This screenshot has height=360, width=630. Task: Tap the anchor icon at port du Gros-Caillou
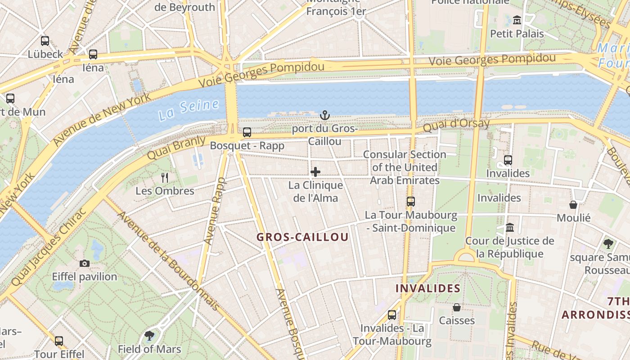[x=324, y=116]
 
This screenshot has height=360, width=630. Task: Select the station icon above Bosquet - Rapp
[x=247, y=132]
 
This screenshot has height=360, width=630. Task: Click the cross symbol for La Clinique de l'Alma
[x=315, y=172]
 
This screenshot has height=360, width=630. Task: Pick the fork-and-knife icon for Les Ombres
[x=165, y=178]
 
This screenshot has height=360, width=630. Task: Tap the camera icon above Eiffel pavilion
[x=84, y=264]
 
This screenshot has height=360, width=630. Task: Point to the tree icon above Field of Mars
[x=149, y=336]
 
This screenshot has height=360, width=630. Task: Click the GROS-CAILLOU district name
[x=302, y=237]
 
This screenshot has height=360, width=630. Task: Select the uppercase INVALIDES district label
[x=427, y=288]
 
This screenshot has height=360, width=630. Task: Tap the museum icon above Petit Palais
[x=517, y=20]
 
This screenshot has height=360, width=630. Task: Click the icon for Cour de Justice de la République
[x=509, y=228]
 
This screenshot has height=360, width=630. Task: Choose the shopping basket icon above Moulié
[x=573, y=205]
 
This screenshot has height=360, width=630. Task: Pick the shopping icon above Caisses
[x=457, y=307]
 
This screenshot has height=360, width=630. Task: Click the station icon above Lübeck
[x=45, y=41]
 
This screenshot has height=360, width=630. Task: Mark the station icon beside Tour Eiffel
[x=59, y=341]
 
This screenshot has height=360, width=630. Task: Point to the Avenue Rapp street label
[x=214, y=211]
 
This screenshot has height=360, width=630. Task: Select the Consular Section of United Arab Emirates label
[x=405, y=167]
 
